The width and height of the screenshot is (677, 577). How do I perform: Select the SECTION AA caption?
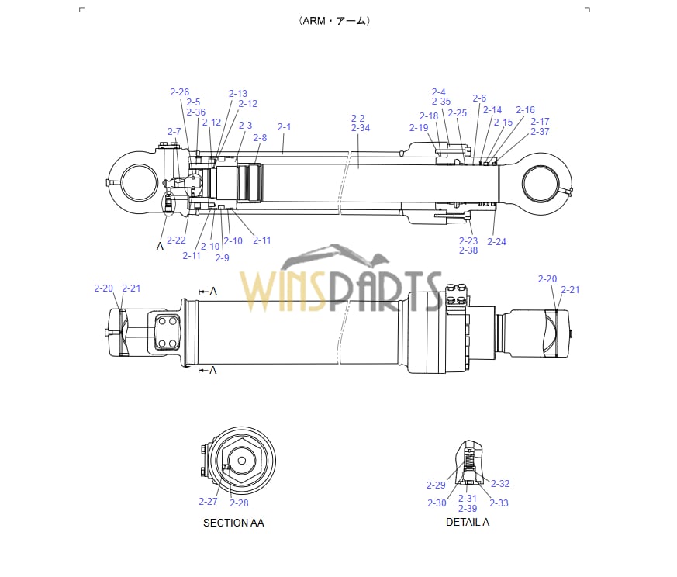(233, 523)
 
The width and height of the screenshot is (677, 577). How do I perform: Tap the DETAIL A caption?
(467, 522)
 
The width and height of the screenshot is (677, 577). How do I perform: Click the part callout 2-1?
(284, 127)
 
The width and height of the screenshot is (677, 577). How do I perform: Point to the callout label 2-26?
(179, 92)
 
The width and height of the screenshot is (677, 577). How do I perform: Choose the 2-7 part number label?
(174, 132)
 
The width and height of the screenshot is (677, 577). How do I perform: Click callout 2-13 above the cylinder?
(238, 94)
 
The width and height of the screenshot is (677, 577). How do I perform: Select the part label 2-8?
(260, 138)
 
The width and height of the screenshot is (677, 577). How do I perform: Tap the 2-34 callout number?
(361, 128)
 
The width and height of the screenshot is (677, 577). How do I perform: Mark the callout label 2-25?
(457, 113)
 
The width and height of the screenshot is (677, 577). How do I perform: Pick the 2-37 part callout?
(540, 132)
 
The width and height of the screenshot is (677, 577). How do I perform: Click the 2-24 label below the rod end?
(496, 242)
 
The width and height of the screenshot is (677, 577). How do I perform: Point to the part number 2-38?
(468, 250)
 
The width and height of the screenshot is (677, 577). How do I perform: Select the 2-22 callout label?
(176, 240)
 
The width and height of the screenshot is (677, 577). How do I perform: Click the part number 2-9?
(222, 258)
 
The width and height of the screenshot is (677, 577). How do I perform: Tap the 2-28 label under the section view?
(239, 503)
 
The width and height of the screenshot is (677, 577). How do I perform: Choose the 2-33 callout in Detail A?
(499, 503)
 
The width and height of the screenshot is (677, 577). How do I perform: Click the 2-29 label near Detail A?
(436, 485)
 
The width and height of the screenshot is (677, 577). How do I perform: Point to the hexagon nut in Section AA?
(241, 460)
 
